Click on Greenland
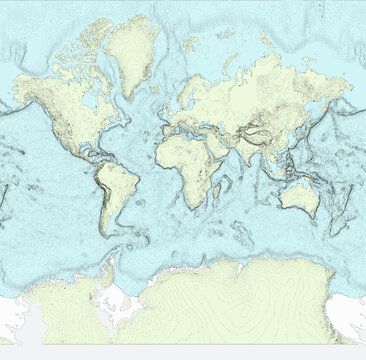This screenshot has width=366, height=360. [132, 50]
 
